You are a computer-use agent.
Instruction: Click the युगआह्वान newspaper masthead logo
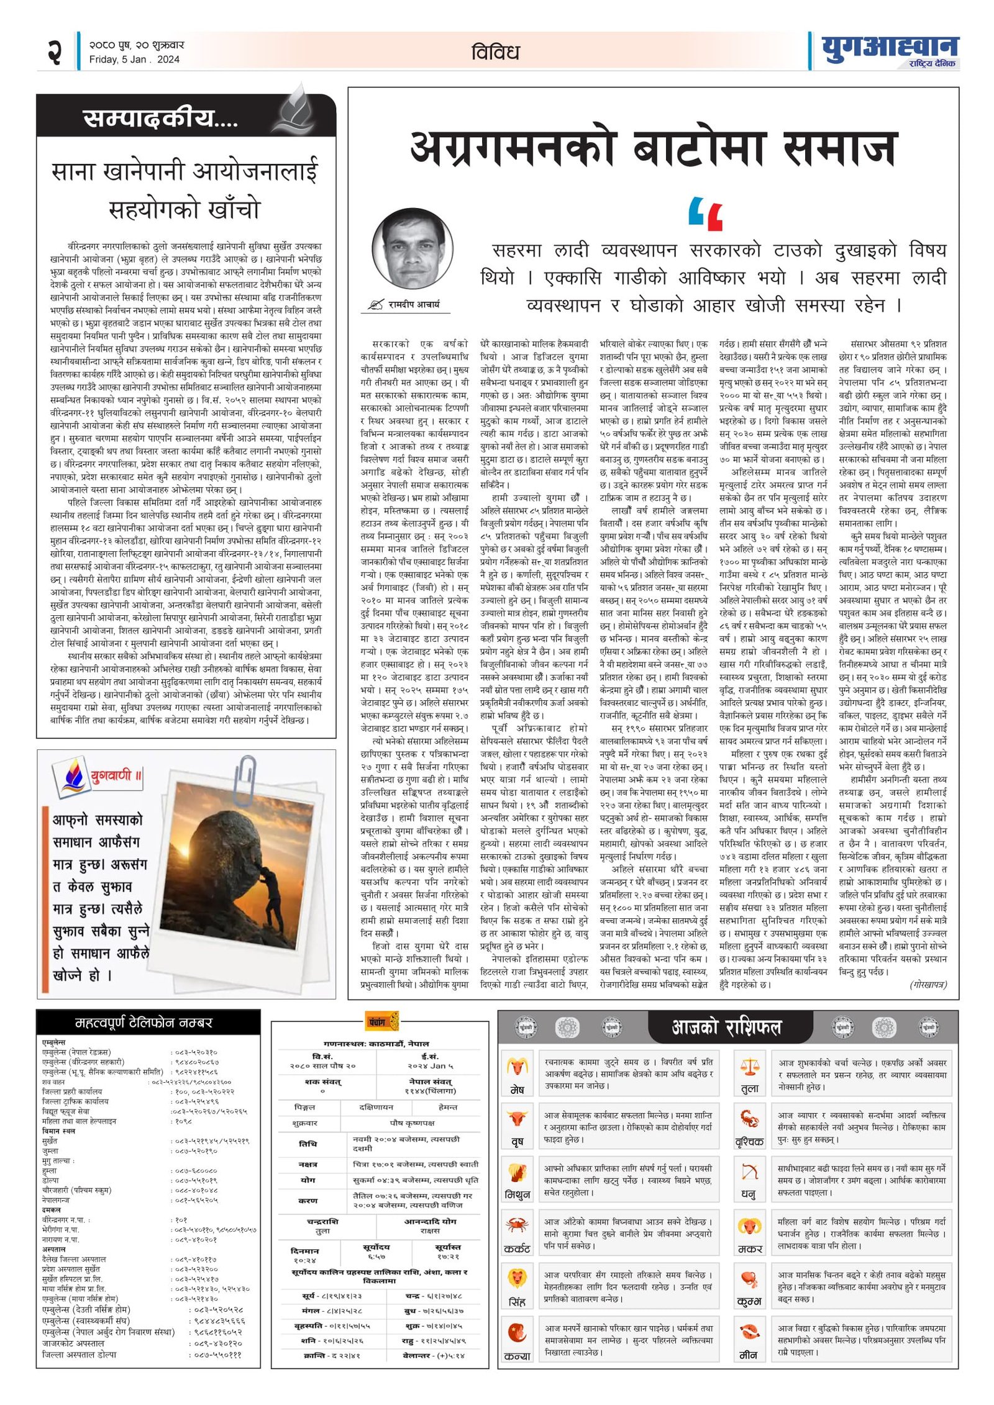889,48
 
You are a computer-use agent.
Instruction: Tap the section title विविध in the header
495,52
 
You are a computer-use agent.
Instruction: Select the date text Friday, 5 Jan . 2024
134,60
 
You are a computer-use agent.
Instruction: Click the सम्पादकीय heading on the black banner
160,117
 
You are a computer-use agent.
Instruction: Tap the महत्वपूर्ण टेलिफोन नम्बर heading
144,1023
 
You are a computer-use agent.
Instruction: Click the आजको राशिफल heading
726,1028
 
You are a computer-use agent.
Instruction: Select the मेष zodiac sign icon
517,1067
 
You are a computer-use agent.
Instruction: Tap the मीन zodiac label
749,1355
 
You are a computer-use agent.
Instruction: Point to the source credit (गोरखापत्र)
928,985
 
